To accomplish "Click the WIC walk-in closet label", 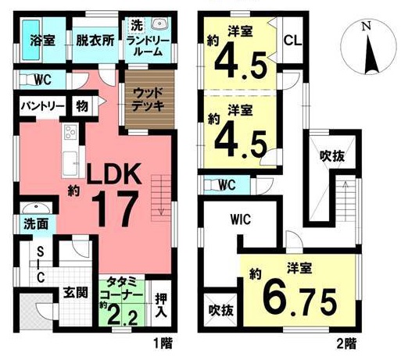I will (x=241, y=219).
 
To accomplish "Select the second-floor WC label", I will (x=226, y=184).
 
